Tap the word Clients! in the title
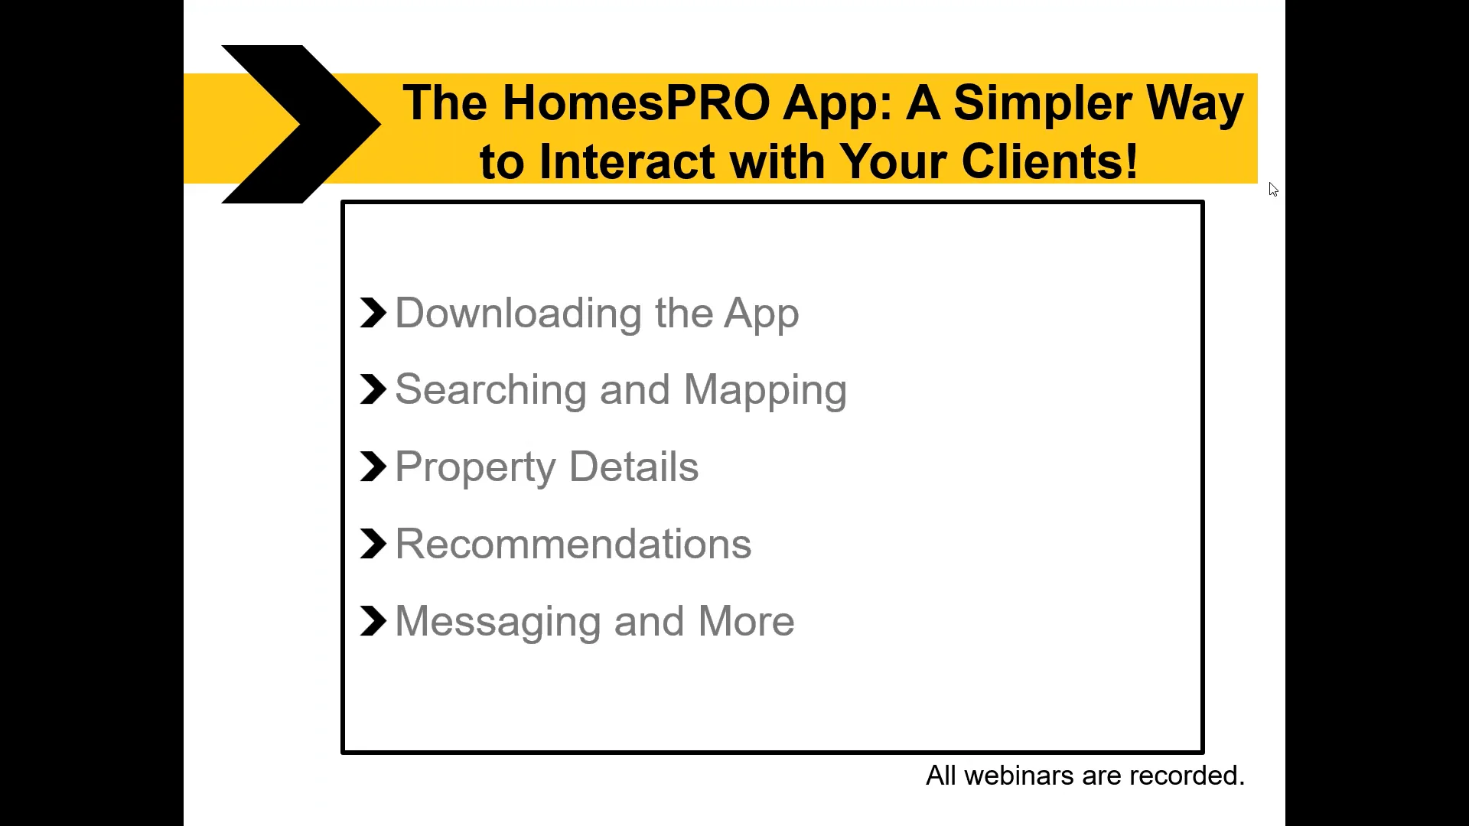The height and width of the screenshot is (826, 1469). click(1049, 161)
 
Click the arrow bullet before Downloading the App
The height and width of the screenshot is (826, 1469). click(373, 313)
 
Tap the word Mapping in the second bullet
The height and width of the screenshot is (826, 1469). click(765, 390)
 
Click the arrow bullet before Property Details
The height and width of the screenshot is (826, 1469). click(373, 467)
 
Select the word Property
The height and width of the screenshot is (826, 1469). click(475, 467)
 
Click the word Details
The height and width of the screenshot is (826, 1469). click(634, 467)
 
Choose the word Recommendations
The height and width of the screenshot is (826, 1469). click(573, 545)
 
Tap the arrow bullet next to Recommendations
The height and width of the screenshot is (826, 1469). click(373, 544)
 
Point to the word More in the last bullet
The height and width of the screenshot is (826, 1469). click(746, 621)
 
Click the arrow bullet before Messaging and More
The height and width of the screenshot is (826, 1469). click(373, 621)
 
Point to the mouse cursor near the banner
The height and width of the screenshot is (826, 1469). click(1272, 189)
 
